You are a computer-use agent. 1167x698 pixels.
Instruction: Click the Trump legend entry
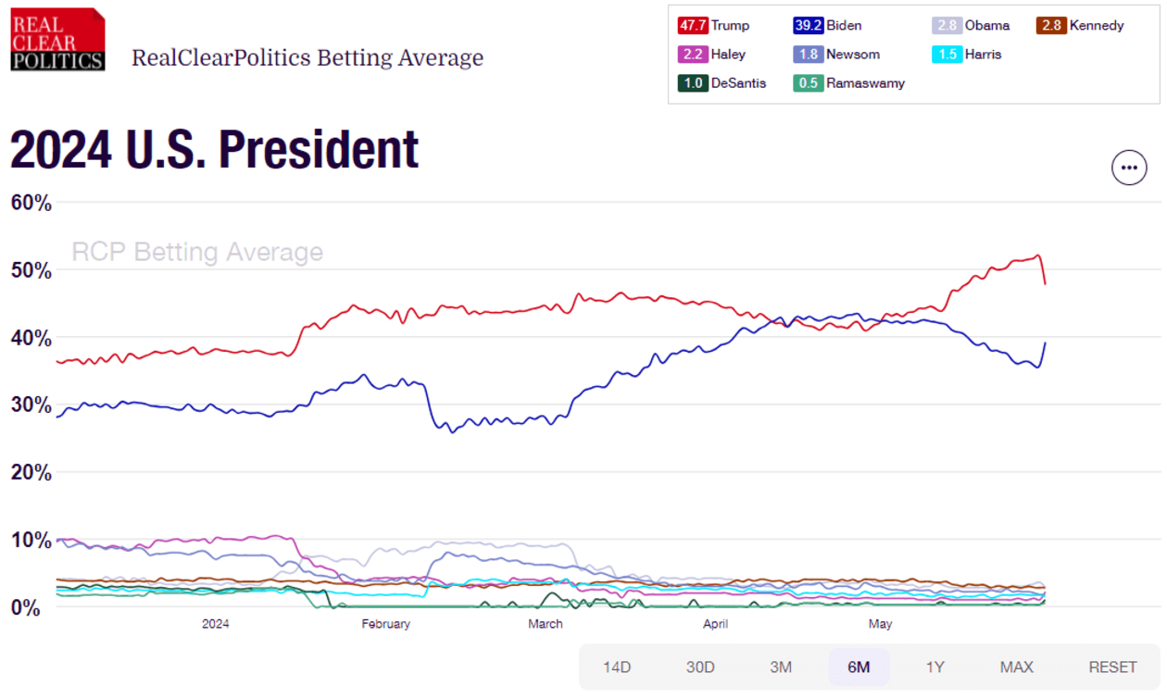pyautogui.click(x=713, y=26)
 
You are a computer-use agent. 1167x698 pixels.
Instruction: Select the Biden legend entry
pyautogui.click(x=827, y=26)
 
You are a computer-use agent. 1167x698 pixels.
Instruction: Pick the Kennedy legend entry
pyautogui.click(x=1080, y=26)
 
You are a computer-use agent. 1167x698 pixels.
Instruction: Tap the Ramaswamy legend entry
pyautogui.click(x=850, y=83)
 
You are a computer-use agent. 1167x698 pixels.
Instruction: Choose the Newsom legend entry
pyautogui.click(x=836, y=55)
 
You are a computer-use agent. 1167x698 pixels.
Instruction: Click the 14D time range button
pyautogui.click(x=617, y=667)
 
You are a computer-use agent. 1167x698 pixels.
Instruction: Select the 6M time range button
pyautogui.click(x=859, y=667)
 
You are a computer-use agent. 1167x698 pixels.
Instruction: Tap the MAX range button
pyautogui.click(x=1017, y=667)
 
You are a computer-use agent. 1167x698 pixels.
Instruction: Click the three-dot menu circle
pyautogui.click(x=1128, y=168)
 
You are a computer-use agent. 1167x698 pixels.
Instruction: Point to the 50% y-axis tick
pyautogui.click(x=31, y=270)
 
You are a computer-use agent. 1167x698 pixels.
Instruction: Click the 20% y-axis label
pyautogui.click(x=31, y=472)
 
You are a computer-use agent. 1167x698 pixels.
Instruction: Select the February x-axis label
pyautogui.click(x=385, y=624)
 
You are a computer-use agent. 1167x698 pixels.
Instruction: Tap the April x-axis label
pyautogui.click(x=715, y=624)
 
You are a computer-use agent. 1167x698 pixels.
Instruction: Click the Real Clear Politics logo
pyautogui.click(x=57, y=39)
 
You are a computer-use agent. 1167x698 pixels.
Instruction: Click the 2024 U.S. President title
pyautogui.click(x=214, y=150)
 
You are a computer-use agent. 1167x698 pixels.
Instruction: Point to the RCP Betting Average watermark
pyautogui.click(x=197, y=252)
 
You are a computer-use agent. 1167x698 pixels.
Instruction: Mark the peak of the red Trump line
pyautogui.click(x=1038, y=256)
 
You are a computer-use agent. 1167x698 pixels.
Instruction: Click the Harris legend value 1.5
pyautogui.click(x=947, y=55)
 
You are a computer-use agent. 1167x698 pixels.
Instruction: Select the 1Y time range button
pyautogui.click(x=935, y=667)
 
